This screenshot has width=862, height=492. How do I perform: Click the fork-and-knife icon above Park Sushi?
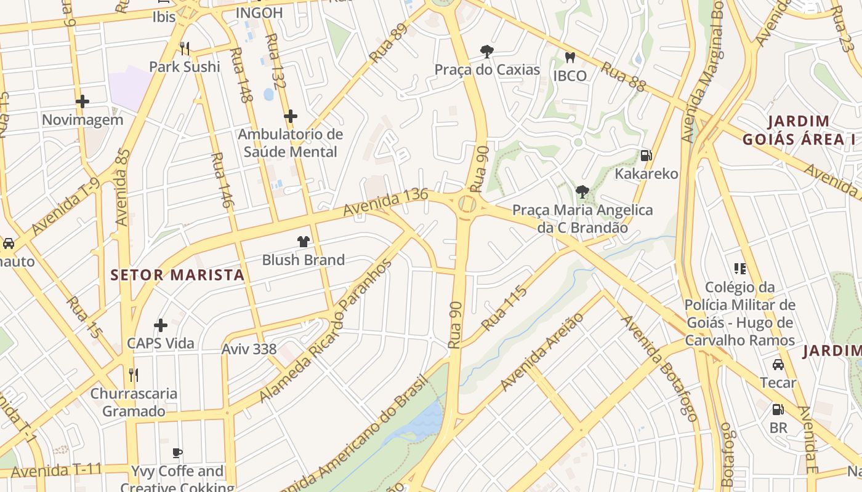[184, 48]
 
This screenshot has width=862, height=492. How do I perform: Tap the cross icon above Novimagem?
[83, 101]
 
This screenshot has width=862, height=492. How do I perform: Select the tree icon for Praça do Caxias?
[487, 51]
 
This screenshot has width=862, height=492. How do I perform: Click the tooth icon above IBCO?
[570, 57]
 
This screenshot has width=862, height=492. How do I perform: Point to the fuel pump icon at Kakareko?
[646, 155]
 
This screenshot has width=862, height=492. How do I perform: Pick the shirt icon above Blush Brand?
[303, 242]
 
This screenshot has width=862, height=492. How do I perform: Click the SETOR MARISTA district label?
[177, 275]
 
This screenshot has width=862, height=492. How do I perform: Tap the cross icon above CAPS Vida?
[161, 325]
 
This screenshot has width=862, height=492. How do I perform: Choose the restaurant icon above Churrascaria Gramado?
[133, 375]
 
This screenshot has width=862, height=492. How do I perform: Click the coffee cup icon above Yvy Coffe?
[177, 453]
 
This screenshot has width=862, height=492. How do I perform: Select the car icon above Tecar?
[778, 364]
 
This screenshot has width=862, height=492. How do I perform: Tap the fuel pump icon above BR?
[778, 409]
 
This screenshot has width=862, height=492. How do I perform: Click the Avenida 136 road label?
[385, 202]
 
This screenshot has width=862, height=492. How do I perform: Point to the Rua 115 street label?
[504, 308]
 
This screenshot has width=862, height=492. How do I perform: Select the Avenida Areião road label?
[541, 352]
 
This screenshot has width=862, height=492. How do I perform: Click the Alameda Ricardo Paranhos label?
[326, 331]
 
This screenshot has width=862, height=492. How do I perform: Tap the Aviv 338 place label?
[249, 349]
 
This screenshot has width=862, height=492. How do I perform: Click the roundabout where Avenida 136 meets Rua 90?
[466, 204]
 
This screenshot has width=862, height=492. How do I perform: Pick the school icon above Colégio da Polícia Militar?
[739, 268]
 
